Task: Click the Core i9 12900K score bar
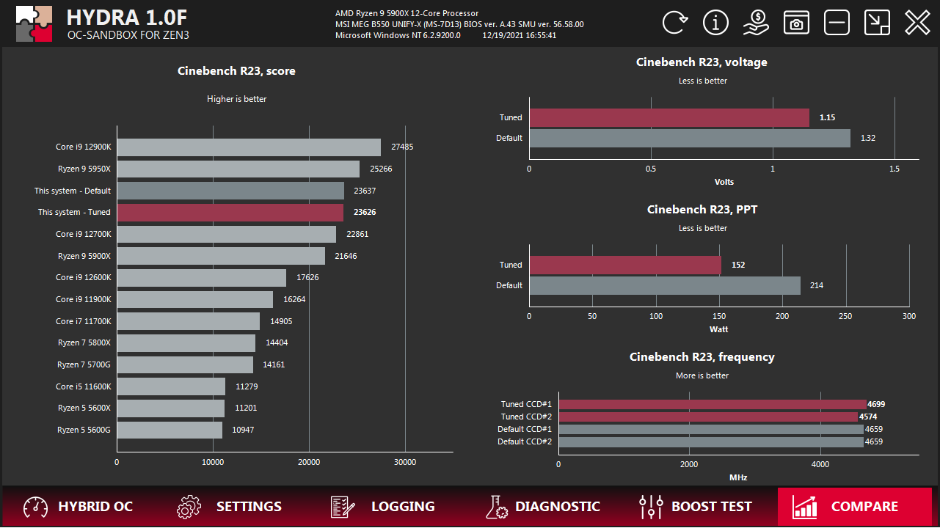(249, 147)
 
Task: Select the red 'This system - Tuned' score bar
(230, 213)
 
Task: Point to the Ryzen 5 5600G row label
(84, 430)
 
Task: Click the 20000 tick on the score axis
(309, 462)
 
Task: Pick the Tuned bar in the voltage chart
(669, 118)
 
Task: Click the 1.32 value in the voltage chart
(867, 138)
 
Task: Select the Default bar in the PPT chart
(664, 285)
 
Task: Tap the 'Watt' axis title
(718, 329)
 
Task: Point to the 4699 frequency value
(877, 404)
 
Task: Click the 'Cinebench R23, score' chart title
(236, 71)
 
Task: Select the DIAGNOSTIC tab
(543, 507)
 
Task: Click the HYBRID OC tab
(79, 507)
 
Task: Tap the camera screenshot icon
(796, 23)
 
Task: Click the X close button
(917, 23)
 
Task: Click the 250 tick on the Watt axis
(846, 316)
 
